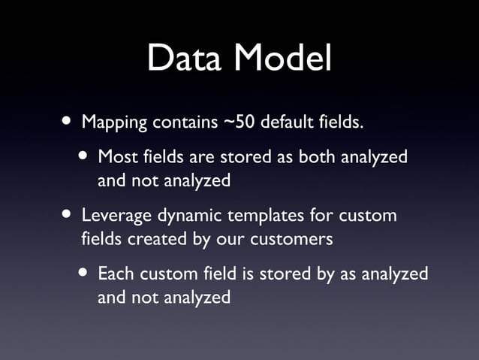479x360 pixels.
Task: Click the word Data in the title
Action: (x=185, y=59)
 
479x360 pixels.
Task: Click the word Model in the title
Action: (x=281, y=59)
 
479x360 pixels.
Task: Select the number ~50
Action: (x=239, y=121)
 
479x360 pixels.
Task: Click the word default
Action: (x=286, y=121)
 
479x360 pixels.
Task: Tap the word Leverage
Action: (x=116, y=216)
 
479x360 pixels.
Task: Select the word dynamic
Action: (x=190, y=216)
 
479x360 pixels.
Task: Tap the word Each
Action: (x=114, y=274)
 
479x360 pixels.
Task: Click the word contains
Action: (x=185, y=121)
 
